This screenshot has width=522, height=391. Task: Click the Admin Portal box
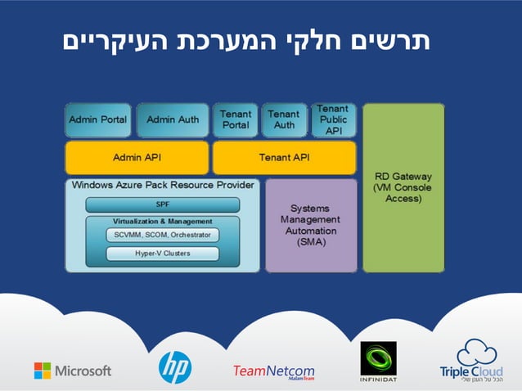pos(98,120)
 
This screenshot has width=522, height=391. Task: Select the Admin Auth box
pos(172,120)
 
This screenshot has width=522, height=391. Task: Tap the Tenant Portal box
pos(236,120)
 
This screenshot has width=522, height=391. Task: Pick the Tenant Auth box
pos(284,120)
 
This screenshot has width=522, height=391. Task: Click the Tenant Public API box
pos(333,119)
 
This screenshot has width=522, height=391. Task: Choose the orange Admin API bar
pos(136,157)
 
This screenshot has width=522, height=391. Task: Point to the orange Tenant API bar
pos(284,157)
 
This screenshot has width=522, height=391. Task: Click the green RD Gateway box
pos(403,188)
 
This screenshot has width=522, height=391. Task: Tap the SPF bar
pos(162,204)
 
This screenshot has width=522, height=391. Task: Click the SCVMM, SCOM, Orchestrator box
pos(162,236)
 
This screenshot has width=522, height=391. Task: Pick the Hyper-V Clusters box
pos(162,254)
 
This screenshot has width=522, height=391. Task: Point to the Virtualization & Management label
pos(162,221)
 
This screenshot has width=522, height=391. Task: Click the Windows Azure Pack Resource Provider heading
pos(162,186)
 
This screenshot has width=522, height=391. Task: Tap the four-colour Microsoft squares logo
pos(43,371)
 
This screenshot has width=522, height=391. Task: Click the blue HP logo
pos(174,367)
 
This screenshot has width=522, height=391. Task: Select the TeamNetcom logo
pos(273,371)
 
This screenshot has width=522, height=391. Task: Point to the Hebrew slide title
pos(247,41)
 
